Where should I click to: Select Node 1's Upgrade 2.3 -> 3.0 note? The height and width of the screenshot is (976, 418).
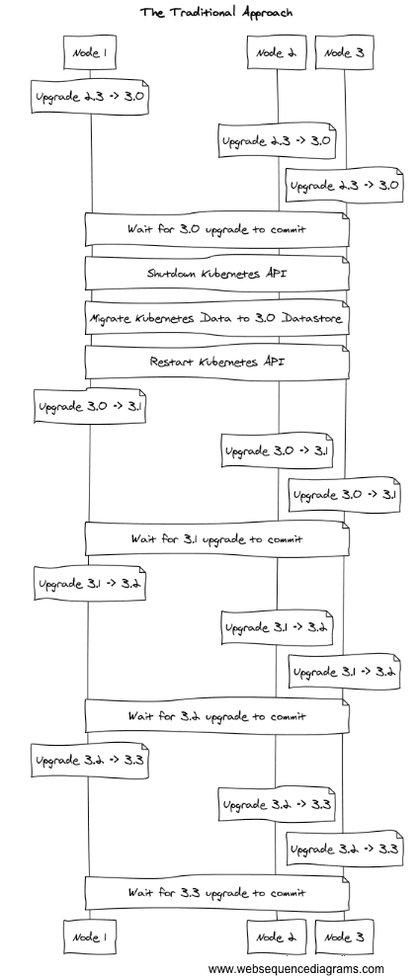coord(91,97)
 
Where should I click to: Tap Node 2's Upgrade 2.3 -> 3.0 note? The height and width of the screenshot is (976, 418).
coord(278,141)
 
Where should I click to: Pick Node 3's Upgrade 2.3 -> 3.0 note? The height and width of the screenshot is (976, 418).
coord(345,185)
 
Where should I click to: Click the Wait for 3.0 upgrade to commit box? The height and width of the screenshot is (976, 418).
coord(216,229)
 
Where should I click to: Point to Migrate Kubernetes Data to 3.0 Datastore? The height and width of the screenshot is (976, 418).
coord(216,318)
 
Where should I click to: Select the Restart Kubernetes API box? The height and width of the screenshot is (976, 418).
coord(216,362)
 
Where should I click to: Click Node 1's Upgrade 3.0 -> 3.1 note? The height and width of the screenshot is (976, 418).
coord(91,406)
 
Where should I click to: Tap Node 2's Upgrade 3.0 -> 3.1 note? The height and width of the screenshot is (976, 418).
coord(278,450)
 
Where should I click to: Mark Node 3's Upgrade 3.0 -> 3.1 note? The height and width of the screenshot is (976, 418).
coord(345,494)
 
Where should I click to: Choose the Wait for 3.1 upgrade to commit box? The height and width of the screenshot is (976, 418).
coord(216,538)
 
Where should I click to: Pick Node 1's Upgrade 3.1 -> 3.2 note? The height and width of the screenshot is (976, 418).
coord(91,583)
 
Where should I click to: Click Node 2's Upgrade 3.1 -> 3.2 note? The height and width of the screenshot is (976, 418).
coord(278,627)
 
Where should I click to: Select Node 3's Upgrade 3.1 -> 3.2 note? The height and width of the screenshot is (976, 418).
coord(345,671)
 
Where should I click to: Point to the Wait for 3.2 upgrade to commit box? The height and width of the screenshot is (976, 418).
coord(216,715)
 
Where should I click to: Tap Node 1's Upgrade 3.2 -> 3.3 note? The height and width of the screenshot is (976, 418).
coord(91,760)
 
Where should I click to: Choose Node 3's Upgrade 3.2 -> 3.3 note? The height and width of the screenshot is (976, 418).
coord(345,848)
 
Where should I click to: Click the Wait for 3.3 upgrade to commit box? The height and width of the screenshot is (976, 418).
coord(216,892)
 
